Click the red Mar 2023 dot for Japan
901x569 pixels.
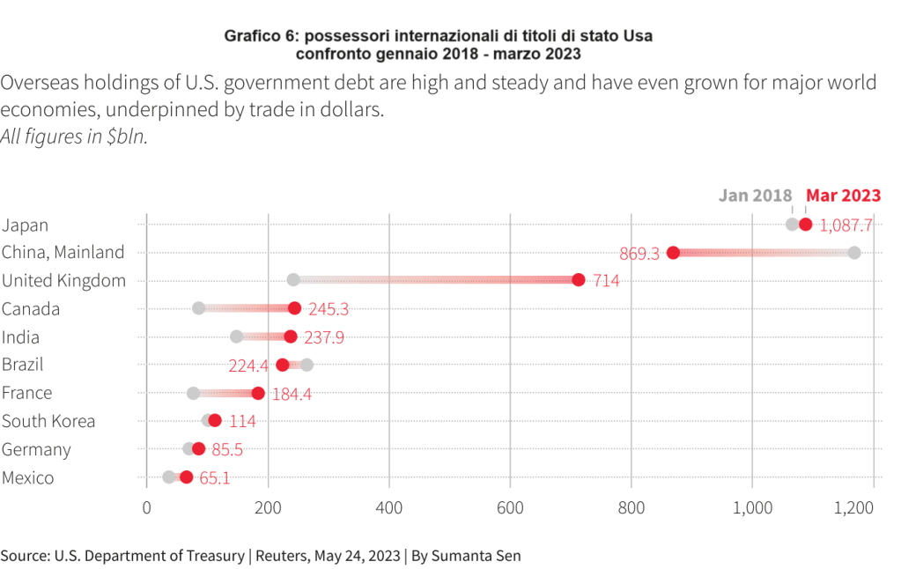point(805,225)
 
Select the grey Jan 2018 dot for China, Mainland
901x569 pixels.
point(853,253)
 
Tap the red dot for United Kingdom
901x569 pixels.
point(578,280)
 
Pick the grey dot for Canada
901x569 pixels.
point(198,308)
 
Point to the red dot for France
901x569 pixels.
point(258,393)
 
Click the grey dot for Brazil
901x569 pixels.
point(306,365)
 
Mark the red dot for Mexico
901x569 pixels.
point(186,477)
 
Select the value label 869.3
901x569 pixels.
point(639,254)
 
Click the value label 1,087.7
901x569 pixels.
point(846,225)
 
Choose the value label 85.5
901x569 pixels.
point(227,450)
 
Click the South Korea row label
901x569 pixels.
point(48,421)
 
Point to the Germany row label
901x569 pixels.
point(36,449)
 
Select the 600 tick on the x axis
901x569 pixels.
point(510,507)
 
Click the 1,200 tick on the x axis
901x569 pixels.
point(854,507)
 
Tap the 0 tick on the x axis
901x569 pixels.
point(146,507)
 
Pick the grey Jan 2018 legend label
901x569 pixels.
point(756,196)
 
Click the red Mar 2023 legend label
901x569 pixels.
point(844,196)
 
